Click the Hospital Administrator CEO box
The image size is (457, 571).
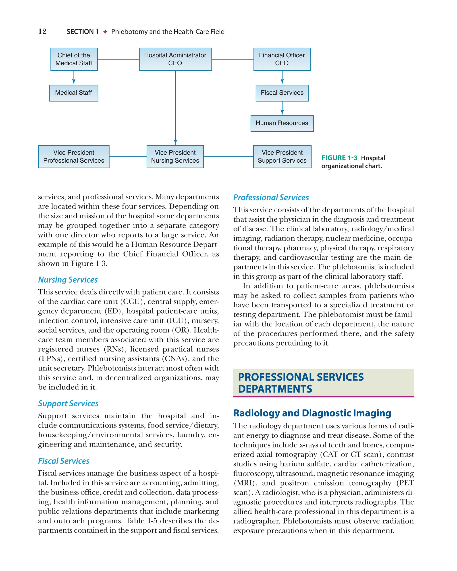coord(175,59)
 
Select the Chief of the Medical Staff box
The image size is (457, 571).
coord(74,59)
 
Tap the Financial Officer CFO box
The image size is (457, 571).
coord(282,59)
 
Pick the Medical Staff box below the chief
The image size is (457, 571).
coord(74,93)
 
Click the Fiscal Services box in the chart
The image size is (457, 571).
coord(282,93)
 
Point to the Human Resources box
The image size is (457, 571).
coord(282,123)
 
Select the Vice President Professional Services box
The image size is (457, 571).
coord(74,157)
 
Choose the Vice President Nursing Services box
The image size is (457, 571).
coord(175,157)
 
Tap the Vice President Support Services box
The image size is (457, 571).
coord(282,157)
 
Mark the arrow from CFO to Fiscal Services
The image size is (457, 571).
coord(282,78)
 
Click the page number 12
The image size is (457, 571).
coord(42,31)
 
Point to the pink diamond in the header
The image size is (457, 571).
coord(105,32)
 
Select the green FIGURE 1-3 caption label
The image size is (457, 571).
coord(339,158)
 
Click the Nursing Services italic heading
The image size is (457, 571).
coord(68,280)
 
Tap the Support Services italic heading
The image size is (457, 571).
coord(68,403)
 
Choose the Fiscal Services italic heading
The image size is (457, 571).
coord(64,461)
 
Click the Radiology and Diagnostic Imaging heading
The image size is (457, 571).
coord(312,413)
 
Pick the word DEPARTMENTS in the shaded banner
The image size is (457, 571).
coord(275,389)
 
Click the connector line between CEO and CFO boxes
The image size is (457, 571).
coord(233,59)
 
